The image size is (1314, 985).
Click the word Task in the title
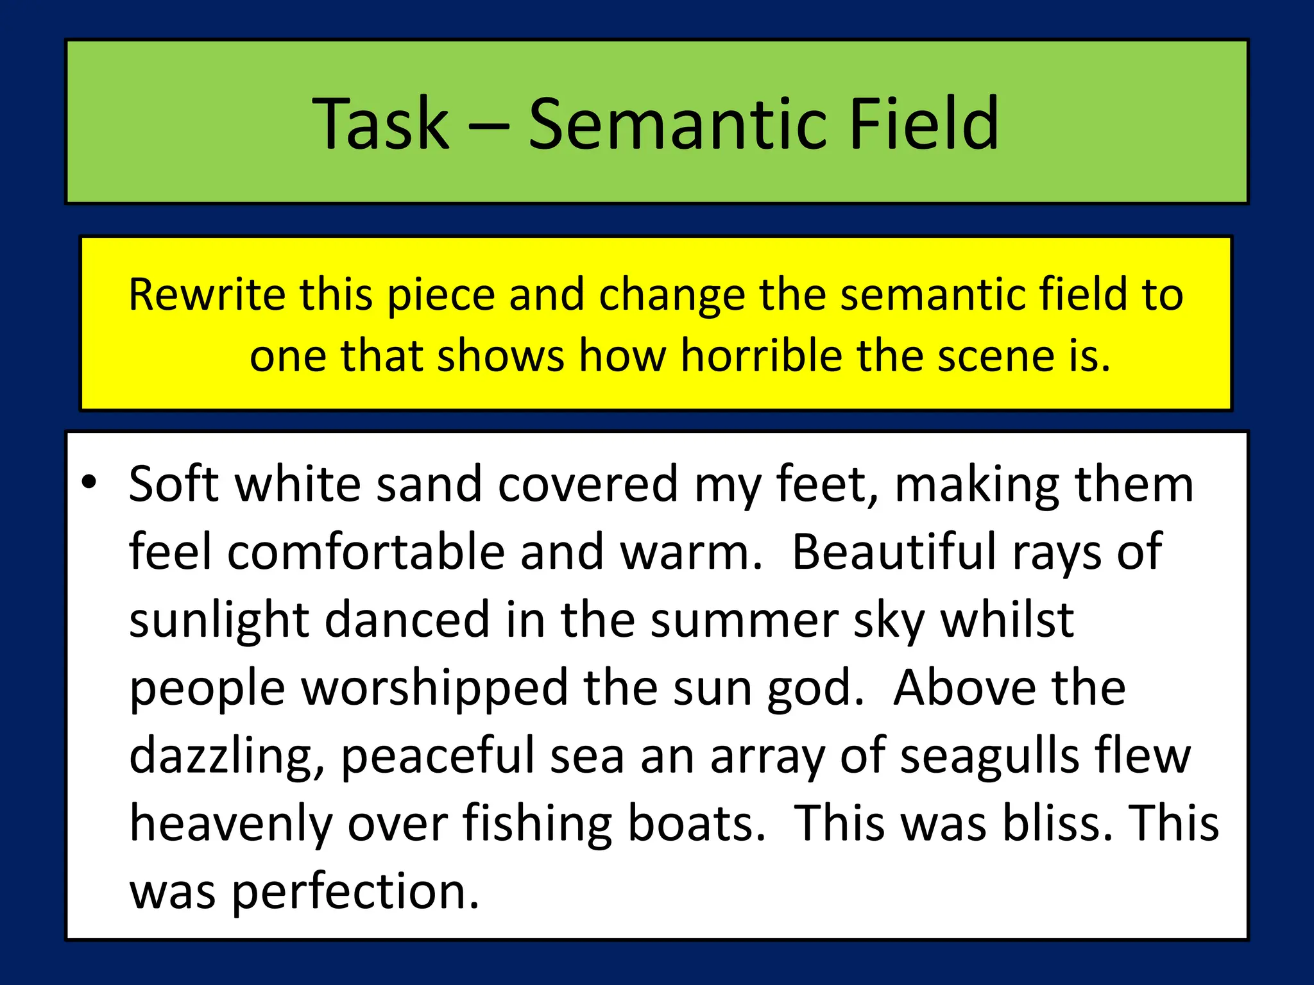(x=380, y=123)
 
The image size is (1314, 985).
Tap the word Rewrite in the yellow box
(x=207, y=294)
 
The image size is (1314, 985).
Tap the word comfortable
(x=366, y=551)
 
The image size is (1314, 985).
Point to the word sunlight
(x=219, y=621)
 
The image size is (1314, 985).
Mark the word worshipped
(x=435, y=689)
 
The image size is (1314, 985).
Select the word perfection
(x=355, y=893)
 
